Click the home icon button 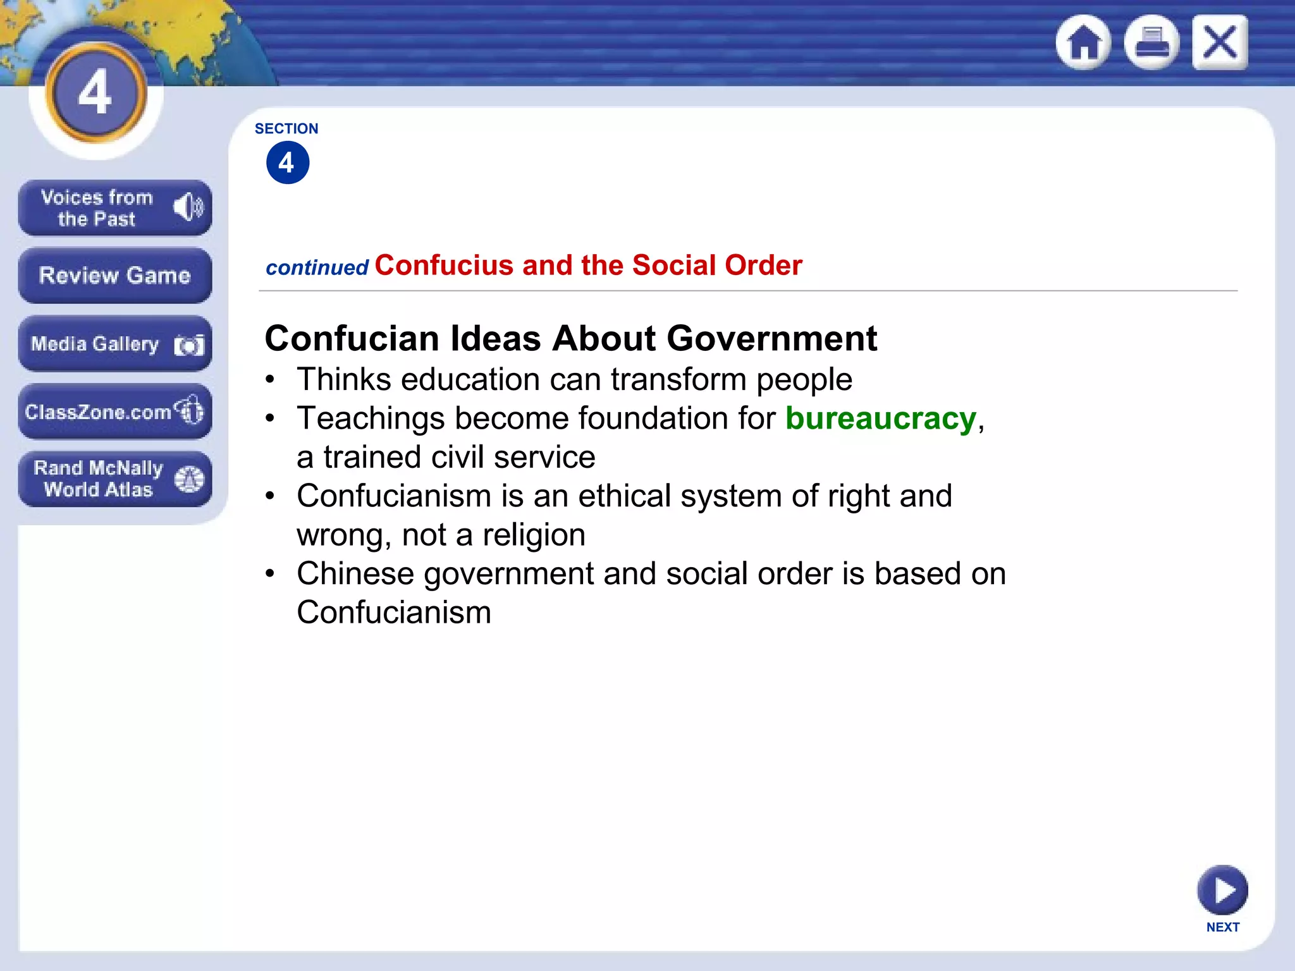[1084, 42]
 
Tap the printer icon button [1151, 42]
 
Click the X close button [1220, 42]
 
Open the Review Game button [114, 276]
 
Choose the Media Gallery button [114, 344]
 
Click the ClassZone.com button [114, 412]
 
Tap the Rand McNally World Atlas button [114, 479]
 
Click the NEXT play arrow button [1222, 890]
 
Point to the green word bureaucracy [881, 418]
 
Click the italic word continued [317, 268]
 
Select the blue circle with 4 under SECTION [288, 163]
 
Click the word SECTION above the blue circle [286, 128]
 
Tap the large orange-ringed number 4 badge [96, 93]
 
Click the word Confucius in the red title [444, 266]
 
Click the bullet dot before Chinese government [270, 574]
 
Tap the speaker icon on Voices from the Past [188, 207]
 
